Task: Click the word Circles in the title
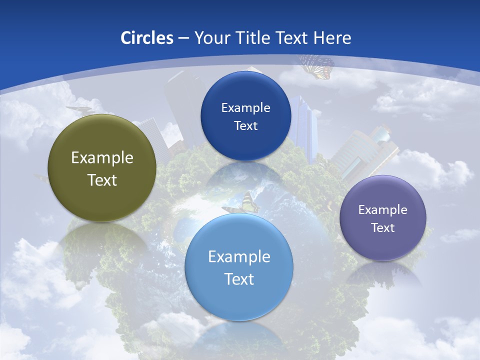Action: pos(147,38)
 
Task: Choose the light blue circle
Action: pos(239,300)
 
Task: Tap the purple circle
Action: pos(383,245)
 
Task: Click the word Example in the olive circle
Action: pos(102,158)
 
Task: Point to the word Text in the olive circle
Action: pos(102,180)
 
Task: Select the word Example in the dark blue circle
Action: pos(245,108)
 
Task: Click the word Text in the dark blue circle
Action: pos(245,125)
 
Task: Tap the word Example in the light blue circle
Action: pos(239,257)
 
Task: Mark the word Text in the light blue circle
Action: pos(239,279)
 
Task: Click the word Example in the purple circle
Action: pos(383,210)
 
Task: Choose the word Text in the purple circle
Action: pos(383,228)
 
